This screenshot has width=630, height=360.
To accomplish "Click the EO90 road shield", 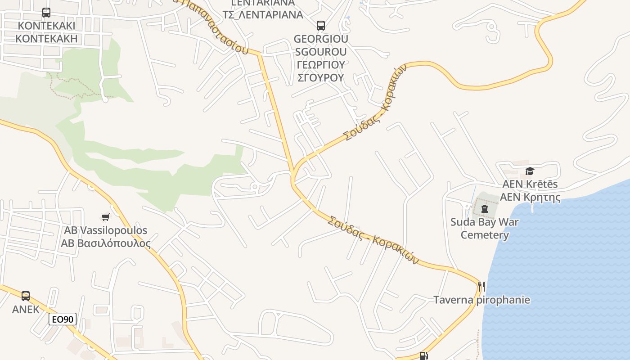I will (63, 319).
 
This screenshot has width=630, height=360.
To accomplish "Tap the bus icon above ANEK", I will (26, 296).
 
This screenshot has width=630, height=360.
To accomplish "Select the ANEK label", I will (26, 310).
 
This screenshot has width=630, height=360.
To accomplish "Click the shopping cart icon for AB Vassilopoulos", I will (106, 217).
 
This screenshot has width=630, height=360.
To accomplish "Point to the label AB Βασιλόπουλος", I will (106, 243).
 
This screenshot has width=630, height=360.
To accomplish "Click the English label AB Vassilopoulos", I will (106, 230).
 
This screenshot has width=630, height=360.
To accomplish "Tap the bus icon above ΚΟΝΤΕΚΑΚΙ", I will (46, 13).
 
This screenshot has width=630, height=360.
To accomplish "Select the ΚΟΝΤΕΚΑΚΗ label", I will (46, 38).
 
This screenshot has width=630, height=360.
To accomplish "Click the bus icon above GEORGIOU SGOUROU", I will (320, 26).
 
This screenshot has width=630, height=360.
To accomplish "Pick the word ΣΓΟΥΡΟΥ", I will (320, 77).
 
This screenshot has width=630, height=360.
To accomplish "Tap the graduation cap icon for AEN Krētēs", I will (530, 171).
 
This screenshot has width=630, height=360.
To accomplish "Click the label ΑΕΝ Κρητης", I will (530, 197).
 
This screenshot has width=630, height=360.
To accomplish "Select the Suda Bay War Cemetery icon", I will (484, 209).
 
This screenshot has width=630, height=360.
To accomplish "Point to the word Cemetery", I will (485, 235).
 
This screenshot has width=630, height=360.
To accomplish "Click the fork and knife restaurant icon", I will (481, 286).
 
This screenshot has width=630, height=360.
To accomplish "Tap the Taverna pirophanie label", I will (481, 300).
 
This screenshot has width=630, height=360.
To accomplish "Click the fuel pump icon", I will (423, 356).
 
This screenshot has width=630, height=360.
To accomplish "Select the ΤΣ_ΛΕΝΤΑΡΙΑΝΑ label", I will (263, 14).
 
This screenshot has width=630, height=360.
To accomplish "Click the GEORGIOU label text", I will (320, 39).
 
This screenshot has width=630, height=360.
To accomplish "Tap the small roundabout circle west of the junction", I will (254, 186).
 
